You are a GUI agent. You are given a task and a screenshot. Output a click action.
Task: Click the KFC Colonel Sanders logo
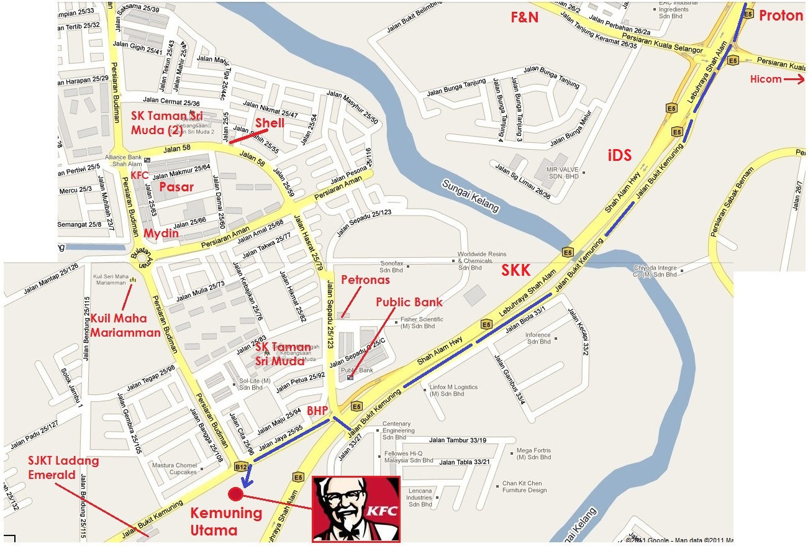point(355,509)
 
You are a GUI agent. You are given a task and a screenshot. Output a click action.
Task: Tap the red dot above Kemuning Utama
point(235,494)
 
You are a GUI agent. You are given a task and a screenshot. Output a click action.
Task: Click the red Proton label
point(781,16)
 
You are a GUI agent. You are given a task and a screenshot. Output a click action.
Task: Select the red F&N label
point(524,17)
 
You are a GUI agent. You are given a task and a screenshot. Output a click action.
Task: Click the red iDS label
point(619,155)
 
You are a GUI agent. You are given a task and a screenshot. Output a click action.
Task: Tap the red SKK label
point(516,270)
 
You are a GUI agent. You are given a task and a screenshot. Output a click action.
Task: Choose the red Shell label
point(269,123)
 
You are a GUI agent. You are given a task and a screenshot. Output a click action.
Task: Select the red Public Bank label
point(409,303)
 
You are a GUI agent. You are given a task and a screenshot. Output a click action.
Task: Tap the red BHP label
point(317,411)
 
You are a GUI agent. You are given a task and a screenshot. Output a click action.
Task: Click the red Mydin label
point(161,233)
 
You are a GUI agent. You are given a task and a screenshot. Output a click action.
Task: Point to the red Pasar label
point(176,186)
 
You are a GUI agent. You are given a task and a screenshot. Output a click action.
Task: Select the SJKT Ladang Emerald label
point(55,468)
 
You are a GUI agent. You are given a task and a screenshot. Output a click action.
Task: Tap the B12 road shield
point(241,466)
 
